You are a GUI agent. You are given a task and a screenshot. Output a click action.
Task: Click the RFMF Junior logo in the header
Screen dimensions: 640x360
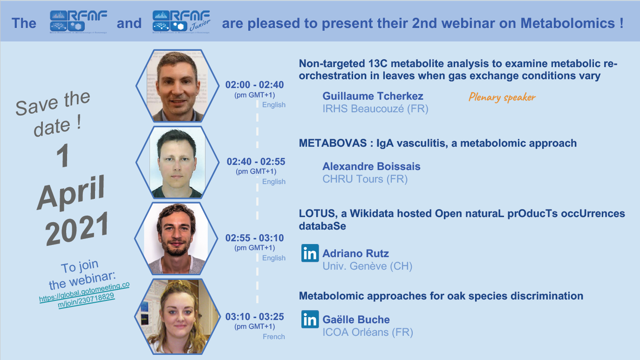181,22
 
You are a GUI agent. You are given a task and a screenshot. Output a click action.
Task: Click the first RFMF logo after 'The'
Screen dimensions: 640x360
79,22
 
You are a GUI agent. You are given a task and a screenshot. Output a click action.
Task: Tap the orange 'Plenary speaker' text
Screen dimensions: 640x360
502,97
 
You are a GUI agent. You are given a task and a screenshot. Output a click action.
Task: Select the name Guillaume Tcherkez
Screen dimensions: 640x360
373,96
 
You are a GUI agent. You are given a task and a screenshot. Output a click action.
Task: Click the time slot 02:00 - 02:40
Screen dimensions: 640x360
255,85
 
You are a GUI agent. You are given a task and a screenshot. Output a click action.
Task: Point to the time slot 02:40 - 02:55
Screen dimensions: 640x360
256,162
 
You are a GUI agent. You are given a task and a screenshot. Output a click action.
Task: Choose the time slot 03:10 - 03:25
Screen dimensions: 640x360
255,317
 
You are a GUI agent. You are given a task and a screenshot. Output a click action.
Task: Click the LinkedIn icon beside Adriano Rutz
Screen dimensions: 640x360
310,253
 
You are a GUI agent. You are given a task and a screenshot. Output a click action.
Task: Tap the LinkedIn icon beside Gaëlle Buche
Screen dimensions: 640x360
310,319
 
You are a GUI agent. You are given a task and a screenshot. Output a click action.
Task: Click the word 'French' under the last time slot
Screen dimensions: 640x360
274,337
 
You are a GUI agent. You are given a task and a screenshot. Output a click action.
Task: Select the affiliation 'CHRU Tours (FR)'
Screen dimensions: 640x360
365,179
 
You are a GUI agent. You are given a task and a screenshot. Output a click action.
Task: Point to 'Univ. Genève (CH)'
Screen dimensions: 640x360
368,266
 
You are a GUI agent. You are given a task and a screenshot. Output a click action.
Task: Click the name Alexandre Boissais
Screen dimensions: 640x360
371,166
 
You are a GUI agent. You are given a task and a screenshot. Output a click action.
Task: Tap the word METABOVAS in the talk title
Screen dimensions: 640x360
333,143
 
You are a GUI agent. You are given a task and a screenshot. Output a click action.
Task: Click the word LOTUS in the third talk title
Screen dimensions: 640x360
317,213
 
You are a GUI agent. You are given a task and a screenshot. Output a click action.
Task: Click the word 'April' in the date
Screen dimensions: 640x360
71,193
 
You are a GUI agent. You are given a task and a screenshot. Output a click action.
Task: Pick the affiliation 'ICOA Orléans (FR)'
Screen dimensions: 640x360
368,332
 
